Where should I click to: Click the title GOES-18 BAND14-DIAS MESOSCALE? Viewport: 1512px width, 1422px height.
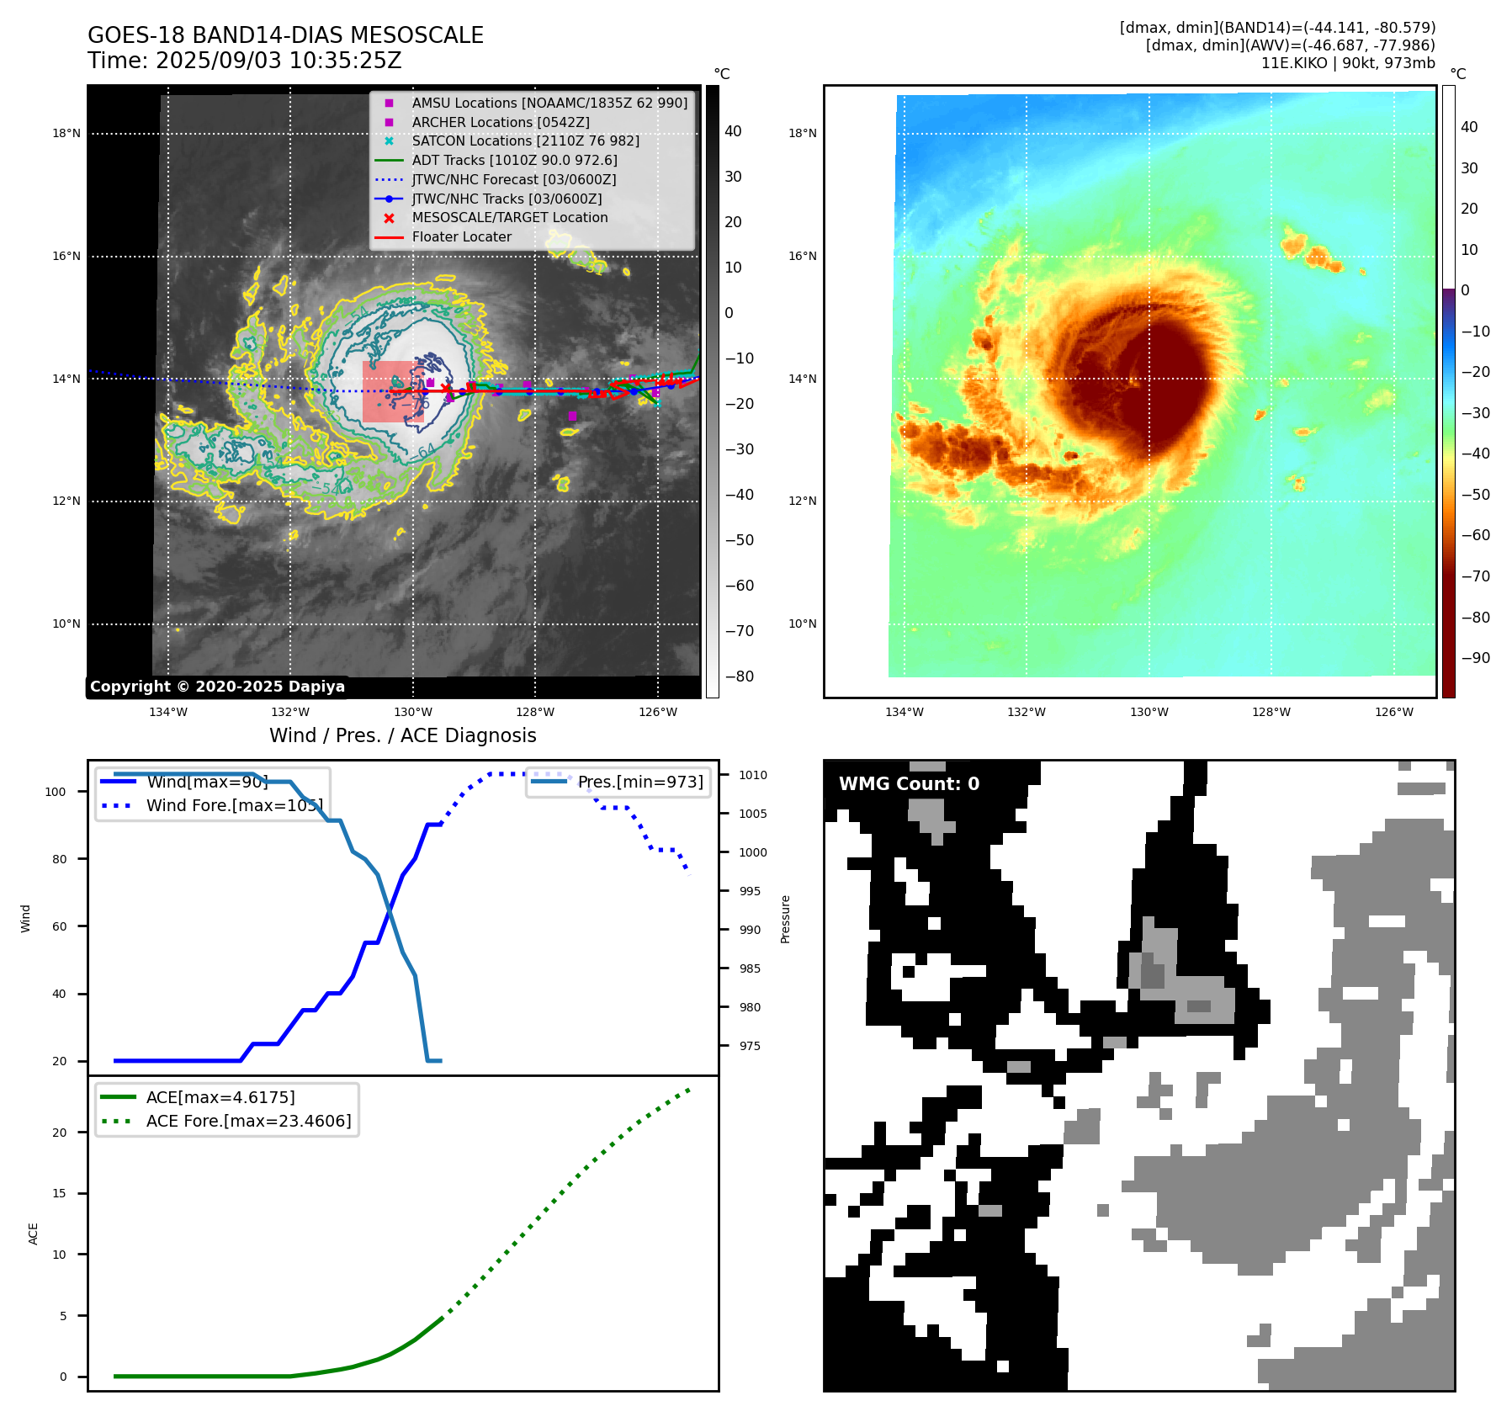coord(285,35)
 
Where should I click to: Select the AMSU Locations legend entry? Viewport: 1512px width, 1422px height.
coord(549,103)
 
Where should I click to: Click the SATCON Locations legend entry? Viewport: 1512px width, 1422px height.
coord(525,141)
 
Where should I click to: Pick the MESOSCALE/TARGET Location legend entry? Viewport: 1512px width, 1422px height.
coord(509,217)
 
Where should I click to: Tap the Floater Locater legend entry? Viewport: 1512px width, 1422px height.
coord(461,236)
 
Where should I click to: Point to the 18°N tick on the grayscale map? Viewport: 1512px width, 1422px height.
coord(66,133)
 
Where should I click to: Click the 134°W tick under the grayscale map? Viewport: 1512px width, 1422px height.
coord(168,712)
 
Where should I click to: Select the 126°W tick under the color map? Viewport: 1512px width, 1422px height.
coord(1393,712)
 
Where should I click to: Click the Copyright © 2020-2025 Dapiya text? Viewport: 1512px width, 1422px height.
coord(217,687)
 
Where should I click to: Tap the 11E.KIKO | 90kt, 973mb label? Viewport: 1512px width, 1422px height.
coord(1348,63)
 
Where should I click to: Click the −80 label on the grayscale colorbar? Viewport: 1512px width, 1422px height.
coord(740,677)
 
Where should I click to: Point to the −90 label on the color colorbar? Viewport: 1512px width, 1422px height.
coord(1476,658)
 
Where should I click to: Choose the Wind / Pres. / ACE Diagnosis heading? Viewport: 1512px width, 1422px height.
coord(402,735)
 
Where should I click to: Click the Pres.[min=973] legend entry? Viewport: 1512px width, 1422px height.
coord(639,782)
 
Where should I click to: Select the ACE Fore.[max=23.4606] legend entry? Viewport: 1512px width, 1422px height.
coord(248,1121)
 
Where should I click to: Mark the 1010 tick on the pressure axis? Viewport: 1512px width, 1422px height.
coord(753,775)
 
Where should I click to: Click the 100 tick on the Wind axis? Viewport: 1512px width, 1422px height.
coord(56,792)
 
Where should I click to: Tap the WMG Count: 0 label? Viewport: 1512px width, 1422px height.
coord(909,784)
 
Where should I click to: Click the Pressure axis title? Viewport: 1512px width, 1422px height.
coord(785,919)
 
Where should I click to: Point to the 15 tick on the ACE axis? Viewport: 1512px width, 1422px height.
coord(59,1193)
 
